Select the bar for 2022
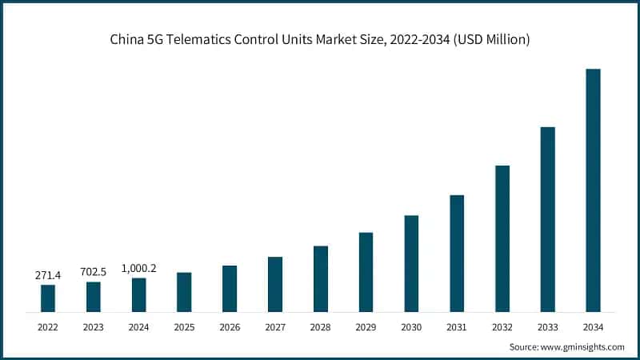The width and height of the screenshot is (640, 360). coord(48,298)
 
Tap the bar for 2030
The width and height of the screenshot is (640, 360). coord(411,263)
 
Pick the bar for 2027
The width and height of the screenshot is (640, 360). coord(275,284)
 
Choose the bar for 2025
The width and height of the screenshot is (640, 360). coord(184,292)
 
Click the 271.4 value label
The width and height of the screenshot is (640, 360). coord(48,275)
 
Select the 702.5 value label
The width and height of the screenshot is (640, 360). coord(94,272)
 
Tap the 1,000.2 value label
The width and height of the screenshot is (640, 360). coord(138,269)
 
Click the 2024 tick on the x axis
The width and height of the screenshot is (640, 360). coord(138,327)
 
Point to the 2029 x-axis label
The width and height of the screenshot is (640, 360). coord(366,327)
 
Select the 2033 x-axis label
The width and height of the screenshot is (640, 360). coord(547,327)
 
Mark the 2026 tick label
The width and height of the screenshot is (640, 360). coord(230,327)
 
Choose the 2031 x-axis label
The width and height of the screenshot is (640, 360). coord(457,327)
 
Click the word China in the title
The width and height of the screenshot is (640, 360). coord(127,40)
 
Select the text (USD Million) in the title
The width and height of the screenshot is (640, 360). coord(490,40)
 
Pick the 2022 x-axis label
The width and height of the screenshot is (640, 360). coord(48,327)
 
